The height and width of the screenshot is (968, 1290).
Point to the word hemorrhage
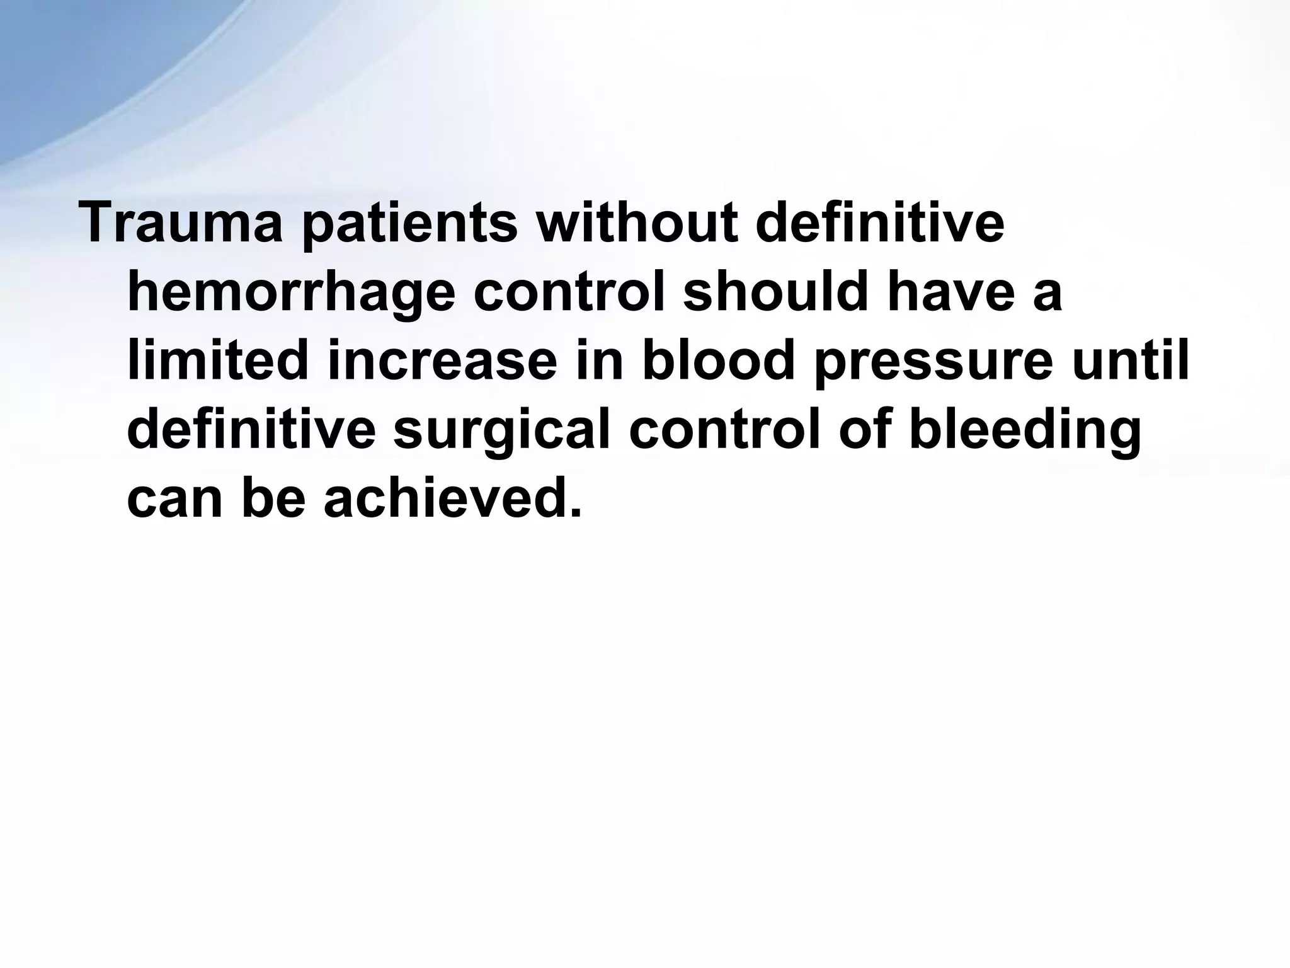(x=290, y=294)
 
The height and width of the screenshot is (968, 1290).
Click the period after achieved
(x=574, y=514)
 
